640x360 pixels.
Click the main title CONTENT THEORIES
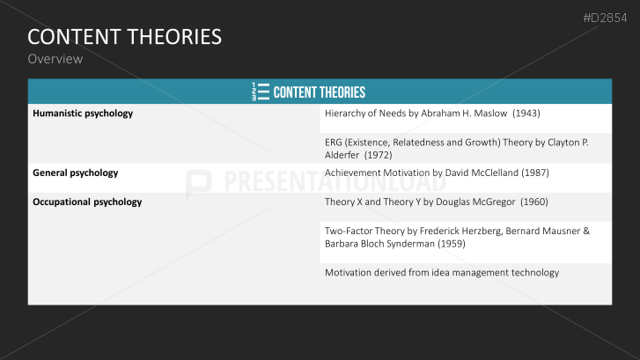124,37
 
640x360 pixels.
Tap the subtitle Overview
55,59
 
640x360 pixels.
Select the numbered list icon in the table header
260,92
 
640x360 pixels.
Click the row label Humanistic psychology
83,114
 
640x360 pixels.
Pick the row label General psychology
75,173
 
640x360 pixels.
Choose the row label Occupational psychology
87,202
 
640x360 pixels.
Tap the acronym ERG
335,143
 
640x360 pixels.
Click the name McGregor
487,202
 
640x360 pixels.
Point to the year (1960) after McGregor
533,202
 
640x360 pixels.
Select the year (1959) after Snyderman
448,243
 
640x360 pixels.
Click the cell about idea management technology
442,273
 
